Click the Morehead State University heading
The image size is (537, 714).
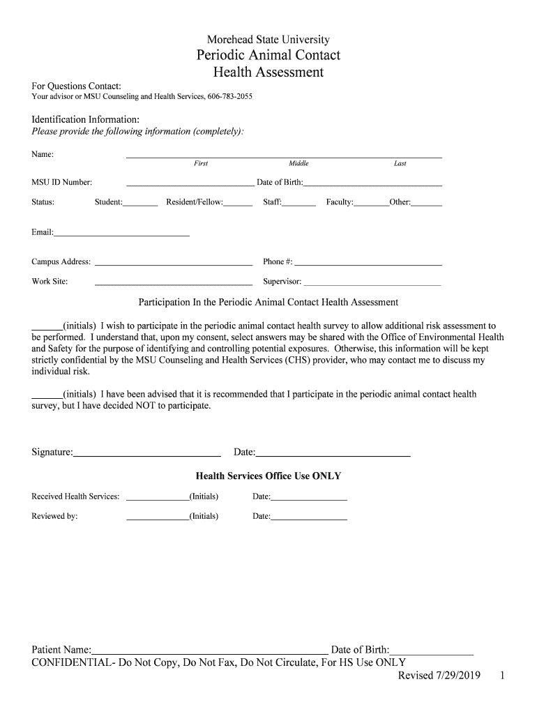[268, 40]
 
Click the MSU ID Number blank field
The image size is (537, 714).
[190, 185]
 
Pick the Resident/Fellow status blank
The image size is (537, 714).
[238, 205]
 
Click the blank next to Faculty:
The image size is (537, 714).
[371, 205]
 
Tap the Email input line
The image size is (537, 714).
[121, 235]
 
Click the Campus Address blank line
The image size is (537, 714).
[173, 264]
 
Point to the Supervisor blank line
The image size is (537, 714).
[372, 284]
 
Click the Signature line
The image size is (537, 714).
[147, 455]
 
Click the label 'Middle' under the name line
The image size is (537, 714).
[298, 164]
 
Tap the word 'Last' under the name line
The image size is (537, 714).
[400, 164]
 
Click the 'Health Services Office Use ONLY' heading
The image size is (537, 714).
[268, 476]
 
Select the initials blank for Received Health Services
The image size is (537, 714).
[158, 499]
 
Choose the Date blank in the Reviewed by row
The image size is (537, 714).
[308, 519]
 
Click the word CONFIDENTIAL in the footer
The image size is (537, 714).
[72, 663]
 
